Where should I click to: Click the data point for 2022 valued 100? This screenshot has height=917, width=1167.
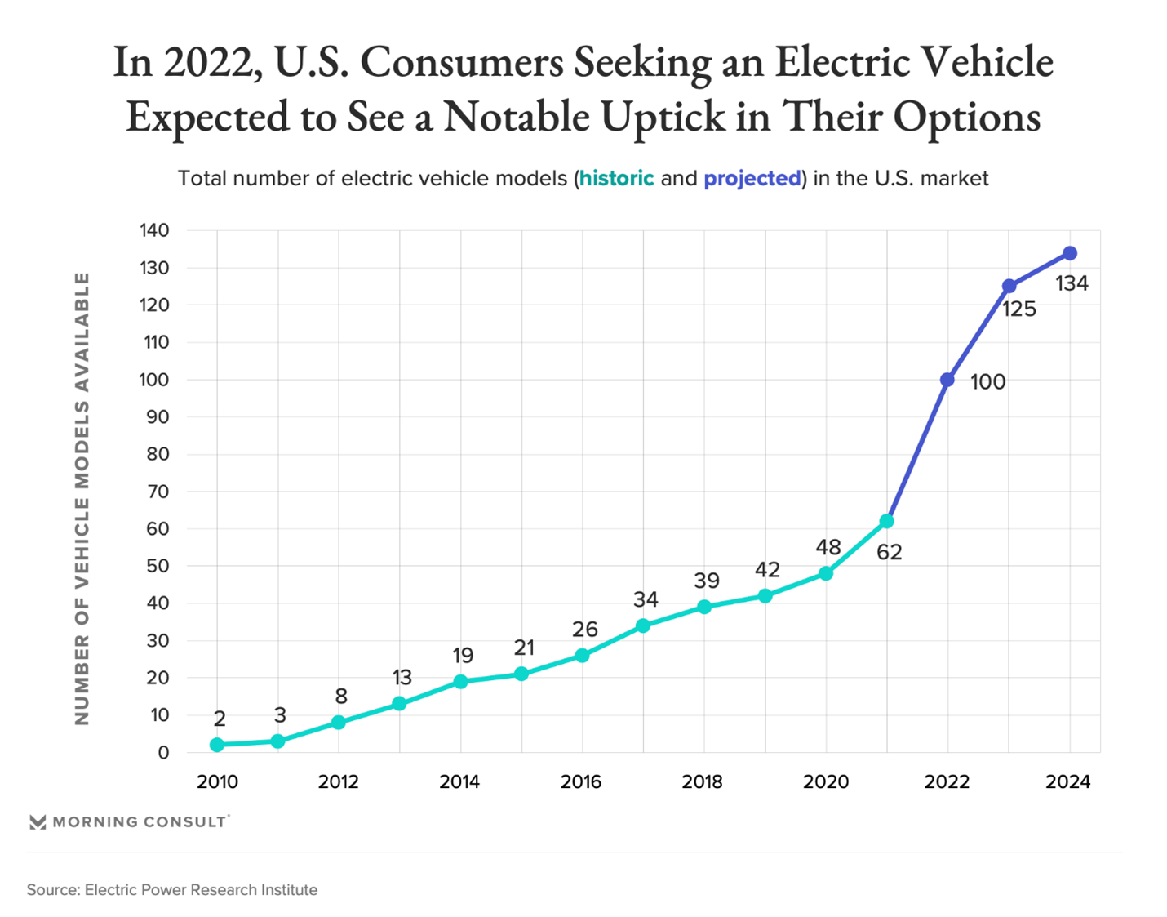point(947,380)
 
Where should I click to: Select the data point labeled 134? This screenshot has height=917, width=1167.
point(1070,253)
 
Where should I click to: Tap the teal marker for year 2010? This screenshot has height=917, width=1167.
point(217,745)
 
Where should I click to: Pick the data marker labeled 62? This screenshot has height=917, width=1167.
point(886,521)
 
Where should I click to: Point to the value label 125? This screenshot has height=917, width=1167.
point(1019,309)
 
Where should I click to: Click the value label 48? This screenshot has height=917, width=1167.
point(828,547)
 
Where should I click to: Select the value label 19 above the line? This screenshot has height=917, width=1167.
point(463,655)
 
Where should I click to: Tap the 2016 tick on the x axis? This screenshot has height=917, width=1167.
point(581,781)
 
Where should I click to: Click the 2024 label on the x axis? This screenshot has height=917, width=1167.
point(1068,781)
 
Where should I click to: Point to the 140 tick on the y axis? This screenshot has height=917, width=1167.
point(154,230)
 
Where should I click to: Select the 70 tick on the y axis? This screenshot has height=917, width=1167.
point(158,492)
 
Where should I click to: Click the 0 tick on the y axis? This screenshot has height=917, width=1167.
point(163,753)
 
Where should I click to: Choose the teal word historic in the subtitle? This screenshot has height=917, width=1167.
point(617,178)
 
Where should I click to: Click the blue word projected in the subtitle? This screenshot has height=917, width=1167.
point(752,178)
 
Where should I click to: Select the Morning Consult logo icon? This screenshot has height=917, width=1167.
point(38,821)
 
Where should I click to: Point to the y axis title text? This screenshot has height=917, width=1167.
point(82,498)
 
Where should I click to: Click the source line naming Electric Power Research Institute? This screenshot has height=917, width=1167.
point(172,889)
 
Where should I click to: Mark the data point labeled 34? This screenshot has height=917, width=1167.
point(643,625)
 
